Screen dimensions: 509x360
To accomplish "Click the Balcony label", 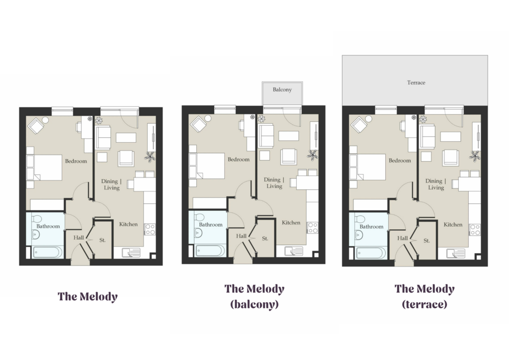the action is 282,90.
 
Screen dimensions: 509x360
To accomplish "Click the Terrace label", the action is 416,83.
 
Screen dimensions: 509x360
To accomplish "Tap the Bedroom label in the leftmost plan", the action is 76,161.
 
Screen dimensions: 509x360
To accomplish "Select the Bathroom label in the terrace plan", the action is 371,227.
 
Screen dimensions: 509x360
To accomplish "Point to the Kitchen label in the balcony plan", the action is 291,223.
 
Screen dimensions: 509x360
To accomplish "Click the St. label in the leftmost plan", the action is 102,240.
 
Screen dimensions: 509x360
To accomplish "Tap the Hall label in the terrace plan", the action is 403,238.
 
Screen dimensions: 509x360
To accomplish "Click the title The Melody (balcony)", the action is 254,296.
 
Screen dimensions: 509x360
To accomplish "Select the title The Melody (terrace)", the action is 424,296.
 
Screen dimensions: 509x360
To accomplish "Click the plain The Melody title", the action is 87,296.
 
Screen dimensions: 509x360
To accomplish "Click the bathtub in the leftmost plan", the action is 48,253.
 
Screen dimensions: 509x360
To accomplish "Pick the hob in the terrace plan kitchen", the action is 475,230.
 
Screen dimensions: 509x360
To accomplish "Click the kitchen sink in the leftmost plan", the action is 131,253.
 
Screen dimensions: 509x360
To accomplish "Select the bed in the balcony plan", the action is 207,166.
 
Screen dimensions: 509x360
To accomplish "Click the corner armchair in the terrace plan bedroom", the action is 358,125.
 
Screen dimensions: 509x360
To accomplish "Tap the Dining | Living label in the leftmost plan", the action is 111,184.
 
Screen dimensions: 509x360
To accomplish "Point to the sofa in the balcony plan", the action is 266,136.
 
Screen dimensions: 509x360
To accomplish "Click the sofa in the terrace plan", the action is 427,137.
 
